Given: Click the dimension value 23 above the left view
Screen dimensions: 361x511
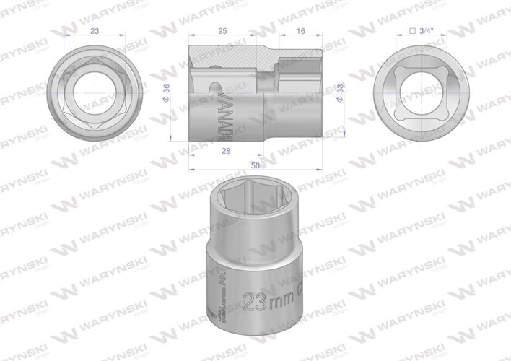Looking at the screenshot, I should point(95,30).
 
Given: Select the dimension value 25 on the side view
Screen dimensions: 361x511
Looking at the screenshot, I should point(222,30).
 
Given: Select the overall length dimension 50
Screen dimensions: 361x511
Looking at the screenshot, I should point(255,165).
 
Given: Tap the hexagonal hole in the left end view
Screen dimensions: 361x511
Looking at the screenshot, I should point(94,93).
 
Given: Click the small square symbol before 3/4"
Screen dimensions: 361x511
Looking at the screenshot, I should point(410,30).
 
